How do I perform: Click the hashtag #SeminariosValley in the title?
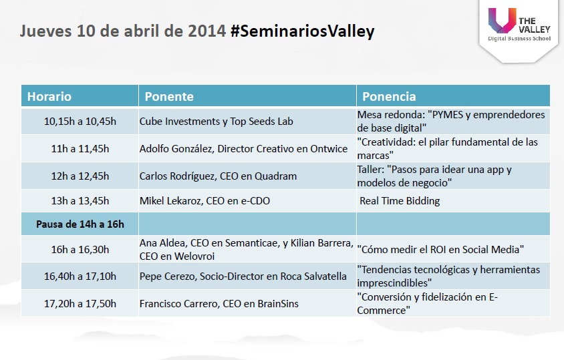tap(303, 31)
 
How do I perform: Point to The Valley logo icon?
tap(502, 20)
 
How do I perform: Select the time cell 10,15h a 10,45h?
tap(80, 121)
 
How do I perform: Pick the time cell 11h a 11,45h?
tap(80, 148)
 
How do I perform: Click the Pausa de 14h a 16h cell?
tap(80, 224)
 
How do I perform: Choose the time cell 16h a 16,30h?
tap(80, 249)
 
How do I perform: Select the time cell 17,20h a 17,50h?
tap(80, 303)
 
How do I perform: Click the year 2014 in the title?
tap(206, 31)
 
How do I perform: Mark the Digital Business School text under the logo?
tap(519, 39)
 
